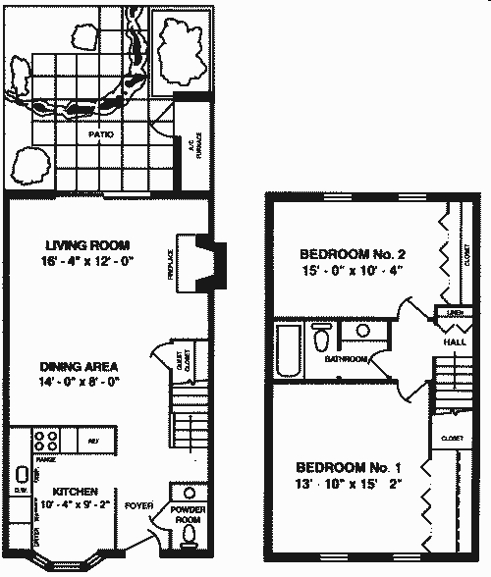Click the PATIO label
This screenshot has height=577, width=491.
pyautogui.click(x=99, y=134)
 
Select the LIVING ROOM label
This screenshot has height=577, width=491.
pyautogui.click(x=87, y=245)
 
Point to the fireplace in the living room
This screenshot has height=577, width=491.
pyautogui.click(x=209, y=262)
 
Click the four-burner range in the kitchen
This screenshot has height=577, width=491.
pyautogui.click(x=45, y=439)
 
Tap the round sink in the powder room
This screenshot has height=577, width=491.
pyautogui.click(x=188, y=494)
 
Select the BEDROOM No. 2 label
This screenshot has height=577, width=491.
pyautogui.click(x=352, y=255)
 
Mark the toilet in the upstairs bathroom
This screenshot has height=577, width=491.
pyautogui.click(x=321, y=341)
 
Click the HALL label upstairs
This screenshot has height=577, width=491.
pyautogui.click(x=454, y=342)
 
